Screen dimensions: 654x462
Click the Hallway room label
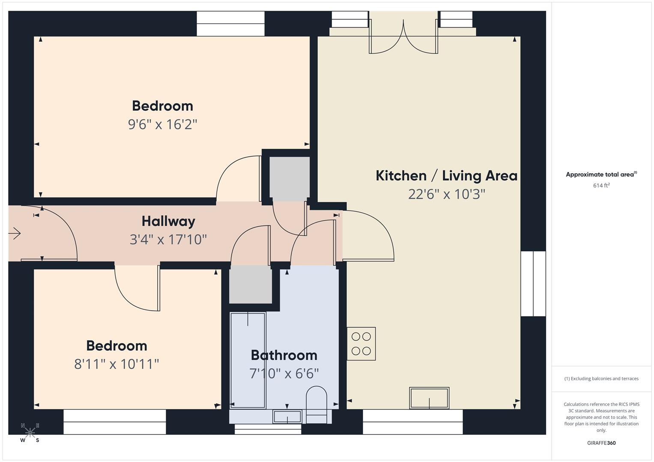coord(168,222)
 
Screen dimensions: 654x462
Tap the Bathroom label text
coord(284,355)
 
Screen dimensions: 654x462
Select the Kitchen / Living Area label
coord(446,175)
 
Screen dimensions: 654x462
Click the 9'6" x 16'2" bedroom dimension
coord(163,124)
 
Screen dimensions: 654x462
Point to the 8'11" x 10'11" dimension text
coord(116,364)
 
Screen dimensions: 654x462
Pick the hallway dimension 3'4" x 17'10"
coord(168,240)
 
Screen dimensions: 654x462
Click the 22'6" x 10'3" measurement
coord(446,194)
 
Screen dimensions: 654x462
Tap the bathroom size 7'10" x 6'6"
coord(284,373)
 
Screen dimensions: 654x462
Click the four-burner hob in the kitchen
coord(361,344)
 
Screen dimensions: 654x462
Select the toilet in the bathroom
coord(316,405)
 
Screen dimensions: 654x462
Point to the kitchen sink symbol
coord(429,398)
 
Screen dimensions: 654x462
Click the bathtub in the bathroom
coord(248,360)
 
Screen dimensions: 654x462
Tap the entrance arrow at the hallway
coord(15,233)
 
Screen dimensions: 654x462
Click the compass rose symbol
coord(30,432)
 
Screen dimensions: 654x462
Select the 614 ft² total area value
coord(601,185)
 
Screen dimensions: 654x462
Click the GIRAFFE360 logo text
coord(601,443)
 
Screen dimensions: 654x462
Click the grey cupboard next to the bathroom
coord(251,284)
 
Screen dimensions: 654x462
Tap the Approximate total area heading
coord(601,175)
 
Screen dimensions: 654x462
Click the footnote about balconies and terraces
coord(601,379)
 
